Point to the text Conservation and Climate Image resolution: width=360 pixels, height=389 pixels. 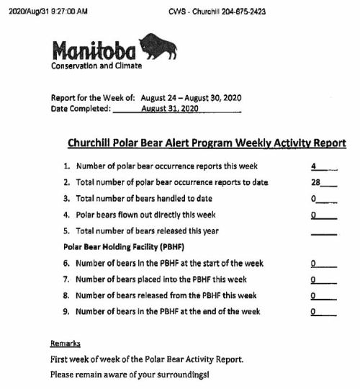pyautogui.click(x=96, y=66)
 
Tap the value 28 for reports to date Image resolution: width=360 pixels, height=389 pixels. pyautogui.click(x=315, y=182)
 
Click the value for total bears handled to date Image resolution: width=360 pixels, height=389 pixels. pyautogui.click(x=315, y=198)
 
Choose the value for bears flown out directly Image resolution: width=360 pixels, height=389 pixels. pyautogui.click(x=315, y=215)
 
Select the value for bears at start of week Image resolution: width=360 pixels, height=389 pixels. pyautogui.click(x=314, y=264)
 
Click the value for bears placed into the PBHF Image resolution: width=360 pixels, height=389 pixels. pyautogui.click(x=314, y=280)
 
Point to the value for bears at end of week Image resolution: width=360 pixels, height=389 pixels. pyautogui.click(x=314, y=312)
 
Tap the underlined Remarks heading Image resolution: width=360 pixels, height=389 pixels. pyautogui.click(x=66, y=344)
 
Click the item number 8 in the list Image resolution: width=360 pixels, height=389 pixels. pyautogui.click(x=66, y=295)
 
